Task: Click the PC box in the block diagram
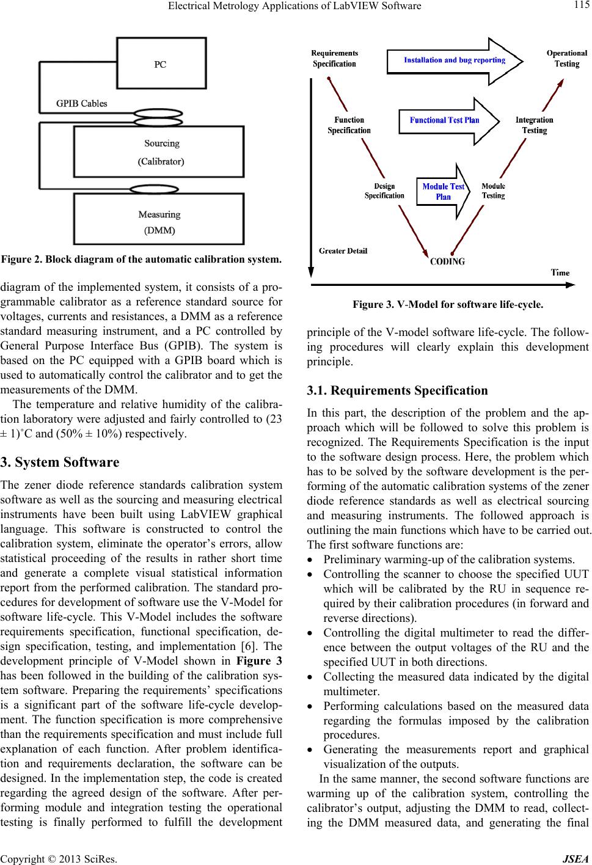(x=160, y=64)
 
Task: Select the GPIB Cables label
(x=82, y=103)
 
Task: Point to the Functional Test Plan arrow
(x=445, y=120)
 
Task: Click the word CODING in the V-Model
(x=448, y=261)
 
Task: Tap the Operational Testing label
(x=566, y=59)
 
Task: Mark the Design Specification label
(x=384, y=191)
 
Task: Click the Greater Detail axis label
(x=343, y=250)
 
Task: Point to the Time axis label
(x=561, y=273)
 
